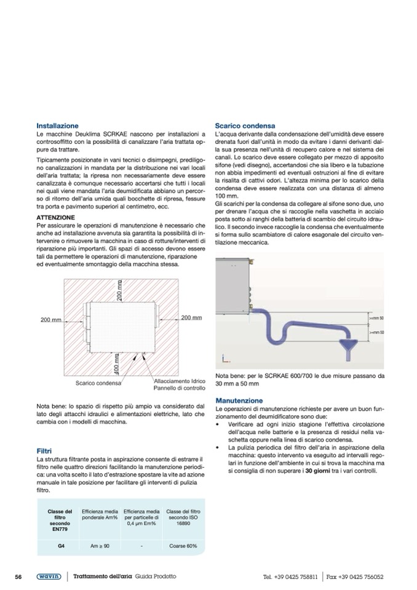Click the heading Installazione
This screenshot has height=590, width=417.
click(x=57, y=126)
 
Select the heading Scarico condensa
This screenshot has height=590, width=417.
click(x=245, y=126)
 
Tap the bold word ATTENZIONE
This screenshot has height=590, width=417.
click(x=56, y=217)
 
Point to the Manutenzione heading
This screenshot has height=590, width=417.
click(x=239, y=400)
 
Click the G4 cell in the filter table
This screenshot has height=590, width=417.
click(x=60, y=546)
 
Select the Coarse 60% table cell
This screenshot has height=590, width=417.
click(x=183, y=546)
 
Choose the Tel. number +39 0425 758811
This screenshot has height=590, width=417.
click(x=290, y=577)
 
